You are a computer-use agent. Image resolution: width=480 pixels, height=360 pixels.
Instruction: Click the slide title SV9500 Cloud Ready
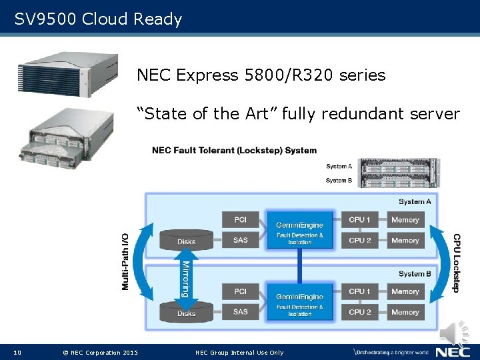pyautogui.click(x=98, y=19)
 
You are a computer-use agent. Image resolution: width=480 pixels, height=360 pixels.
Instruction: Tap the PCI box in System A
pyautogui.click(x=241, y=219)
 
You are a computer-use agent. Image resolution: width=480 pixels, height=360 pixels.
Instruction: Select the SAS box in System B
pyautogui.click(x=241, y=311)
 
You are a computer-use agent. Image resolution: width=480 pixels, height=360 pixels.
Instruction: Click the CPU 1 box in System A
pyautogui.click(x=360, y=219)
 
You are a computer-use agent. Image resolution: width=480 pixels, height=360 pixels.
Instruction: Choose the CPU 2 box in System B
pyautogui.click(x=360, y=311)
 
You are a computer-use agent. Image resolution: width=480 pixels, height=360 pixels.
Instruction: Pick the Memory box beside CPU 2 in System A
pyautogui.click(x=405, y=240)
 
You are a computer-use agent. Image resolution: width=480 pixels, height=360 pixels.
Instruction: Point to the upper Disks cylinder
pyautogui.click(x=187, y=239)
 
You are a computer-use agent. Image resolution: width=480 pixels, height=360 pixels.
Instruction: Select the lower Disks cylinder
pyautogui.click(x=187, y=311)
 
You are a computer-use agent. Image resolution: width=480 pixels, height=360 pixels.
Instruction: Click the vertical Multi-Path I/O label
pyautogui.click(x=125, y=260)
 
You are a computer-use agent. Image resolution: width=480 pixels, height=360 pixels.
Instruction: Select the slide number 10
pyautogui.click(x=17, y=352)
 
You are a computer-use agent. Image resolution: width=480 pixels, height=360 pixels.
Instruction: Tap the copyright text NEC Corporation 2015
pyautogui.click(x=100, y=352)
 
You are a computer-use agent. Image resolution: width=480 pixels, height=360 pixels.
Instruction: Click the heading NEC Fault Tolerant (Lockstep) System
pyautogui.click(x=234, y=150)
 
